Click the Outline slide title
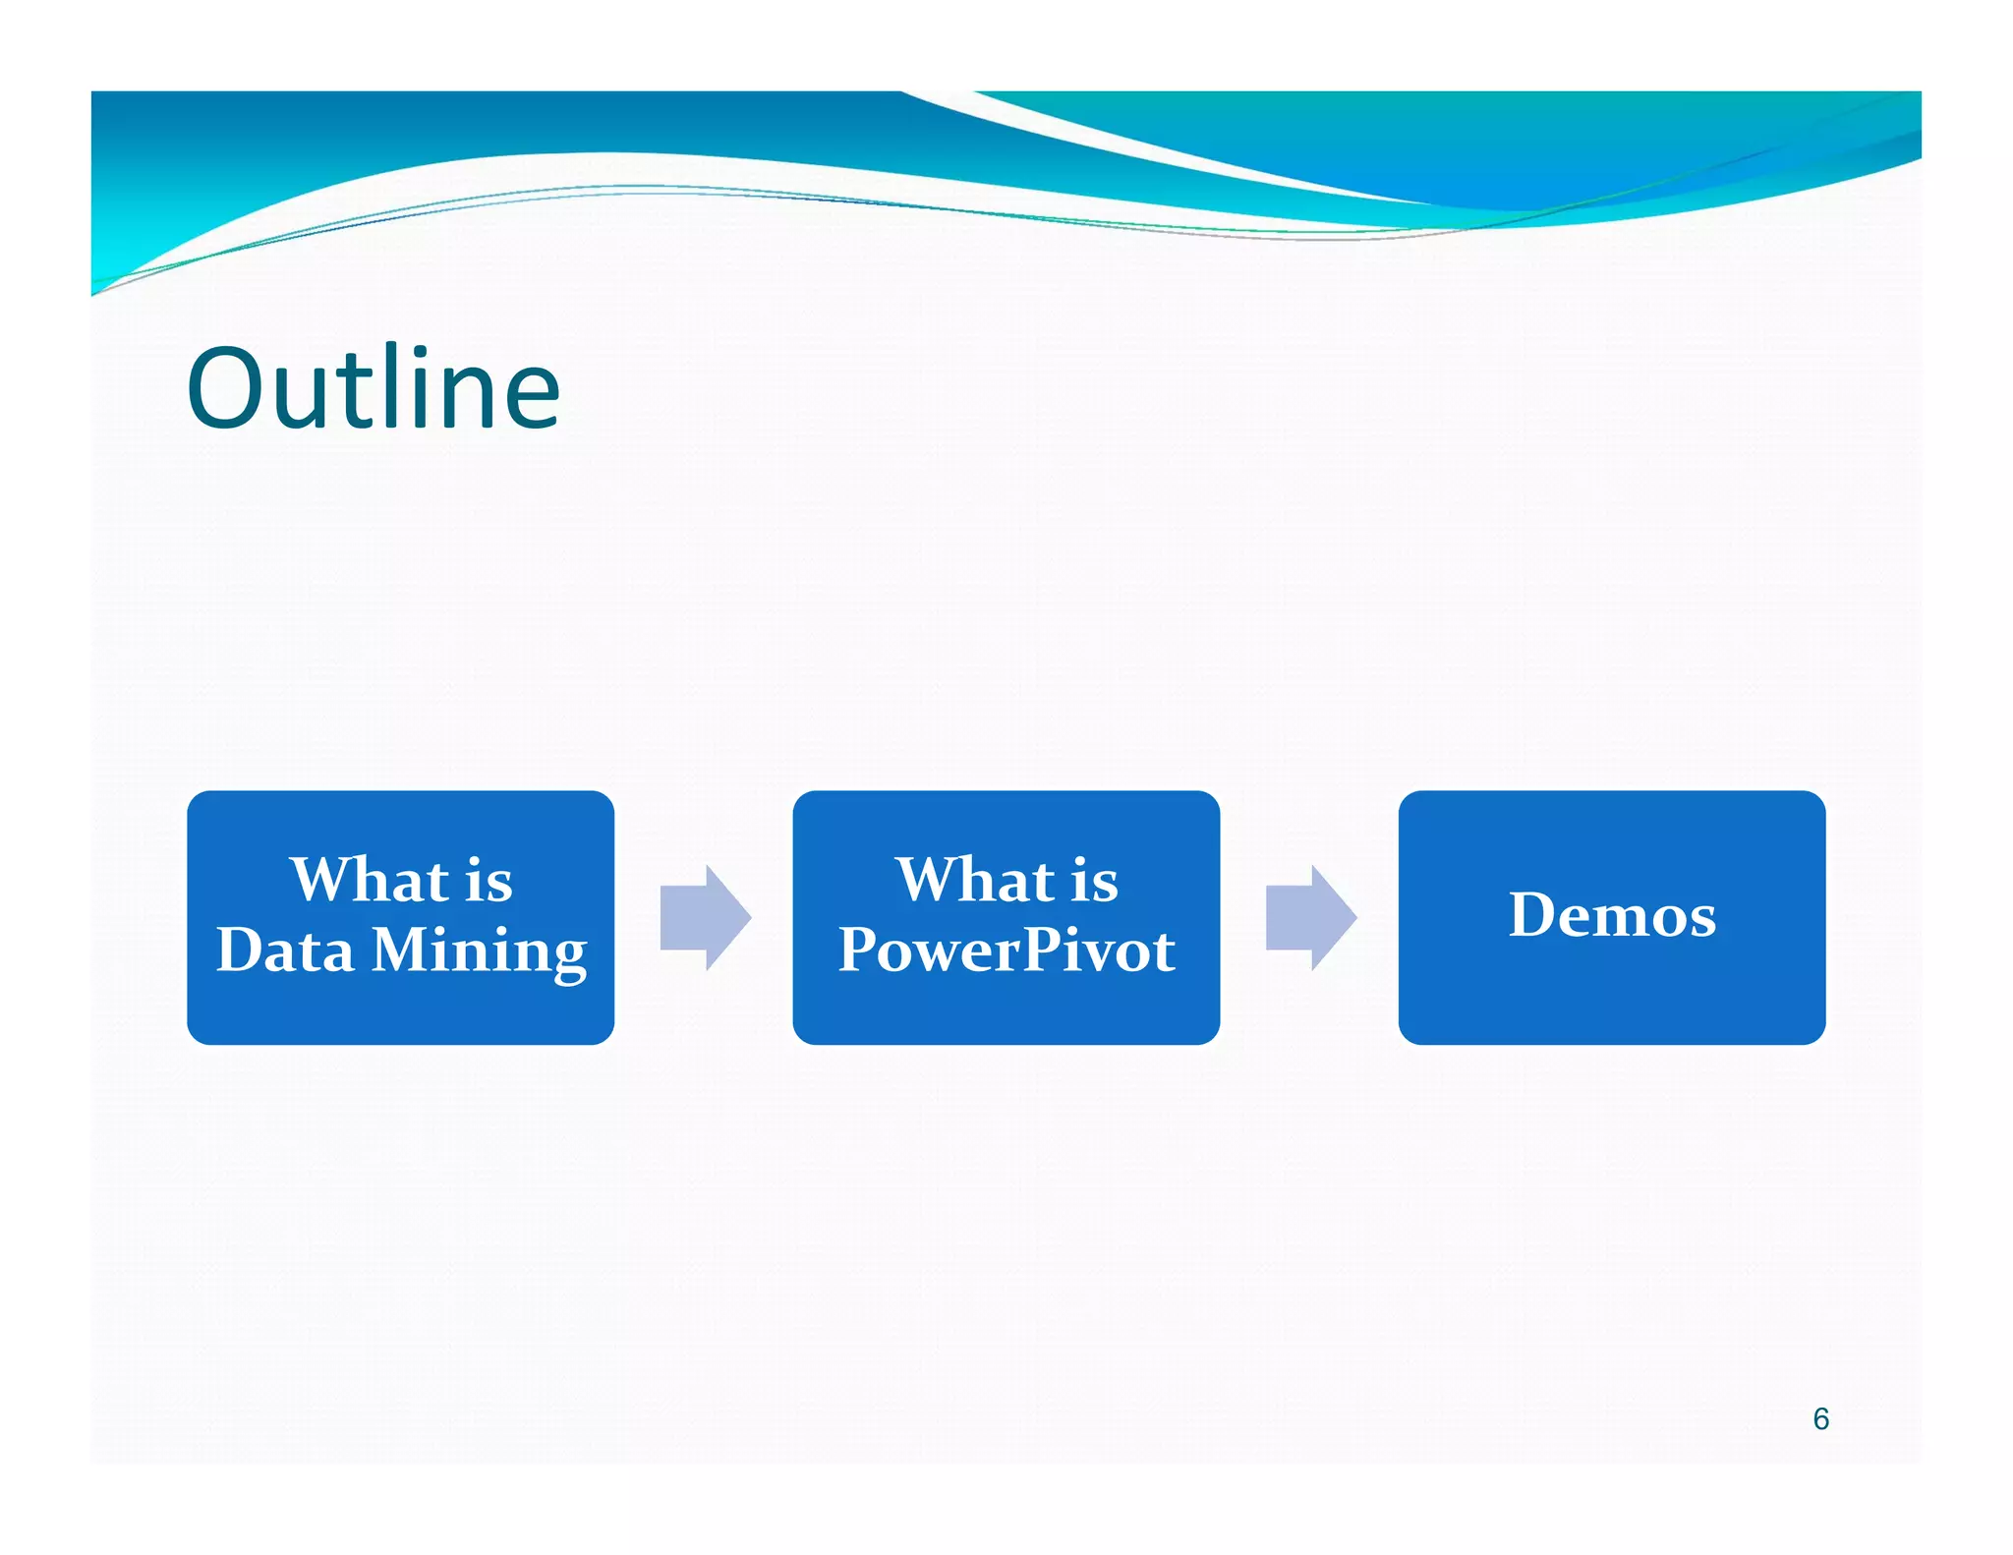pyautogui.click(x=374, y=389)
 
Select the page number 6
pyautogui.click(x=1820, y=1418)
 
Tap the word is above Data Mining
pyautogui.click(x=489, y=881)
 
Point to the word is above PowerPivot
pyautogui.click(x=1094, y=881)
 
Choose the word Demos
pyautogui.click(x=1612, y=915)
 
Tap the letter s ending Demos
pyautogui.click(x=1701, y=920)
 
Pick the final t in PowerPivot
pyautogui.click(x=1164, y=952)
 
